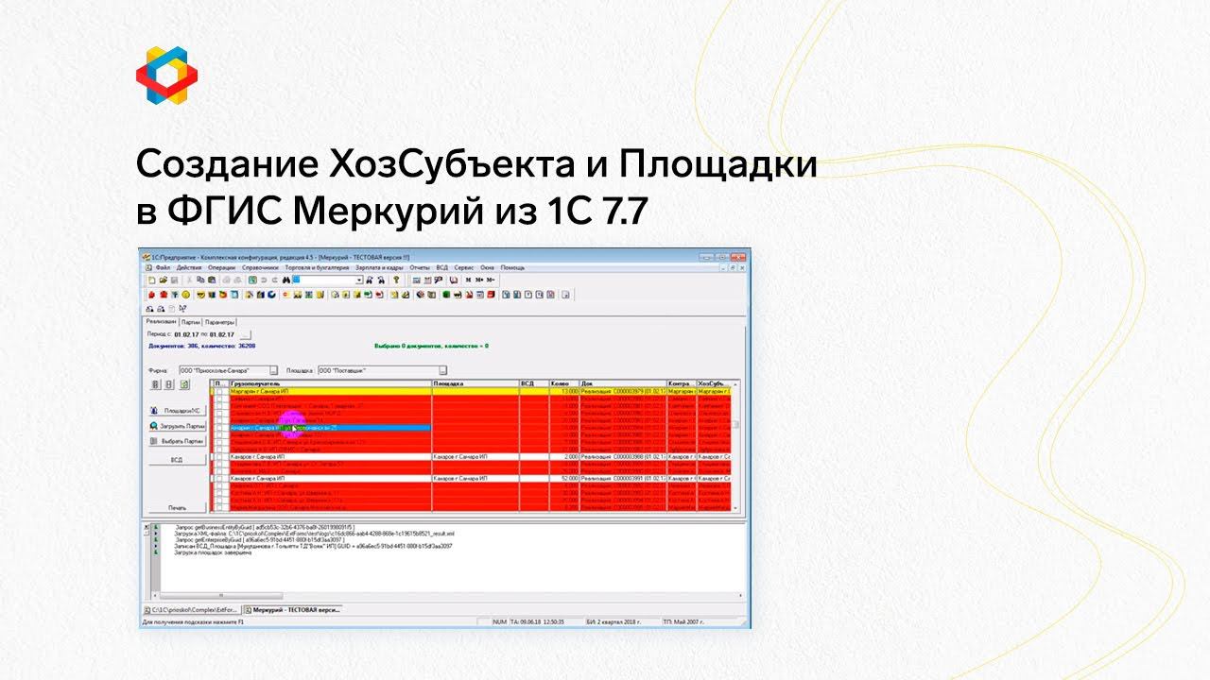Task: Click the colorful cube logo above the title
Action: (166, 74)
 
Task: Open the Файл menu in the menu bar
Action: (163, 267)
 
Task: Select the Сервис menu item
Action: (463, 267)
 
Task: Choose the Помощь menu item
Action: (512, 267)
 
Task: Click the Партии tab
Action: (191, 322)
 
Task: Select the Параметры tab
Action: (219, 322)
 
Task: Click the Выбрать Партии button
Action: (177, 441)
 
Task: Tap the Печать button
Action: (177, 507)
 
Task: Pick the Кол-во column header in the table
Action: (561, 383)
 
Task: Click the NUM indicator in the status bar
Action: (499, 622)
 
